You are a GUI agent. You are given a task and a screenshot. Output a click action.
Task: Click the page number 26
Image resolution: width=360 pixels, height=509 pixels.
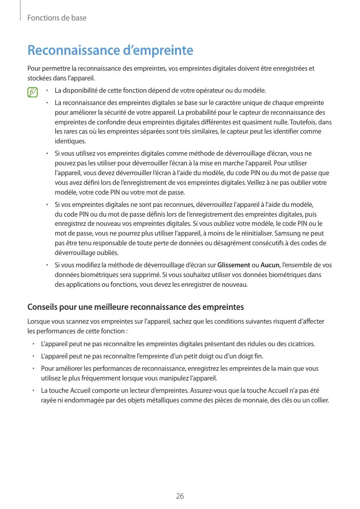pos(180,496)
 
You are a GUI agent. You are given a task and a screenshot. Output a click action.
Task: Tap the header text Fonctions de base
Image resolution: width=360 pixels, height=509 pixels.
pos(56,18)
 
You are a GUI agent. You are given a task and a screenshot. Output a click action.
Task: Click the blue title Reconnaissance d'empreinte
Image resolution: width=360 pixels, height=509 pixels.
pos(110,51)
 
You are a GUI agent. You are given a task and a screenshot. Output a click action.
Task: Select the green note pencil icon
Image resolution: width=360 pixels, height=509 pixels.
pos(34,93)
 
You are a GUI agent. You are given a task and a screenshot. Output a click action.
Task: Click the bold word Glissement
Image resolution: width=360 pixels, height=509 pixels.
pos(234,265)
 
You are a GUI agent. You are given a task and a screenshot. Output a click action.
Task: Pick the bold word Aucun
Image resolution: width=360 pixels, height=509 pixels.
pos(270,265)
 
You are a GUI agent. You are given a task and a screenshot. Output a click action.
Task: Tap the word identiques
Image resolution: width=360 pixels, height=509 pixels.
pos(70,141)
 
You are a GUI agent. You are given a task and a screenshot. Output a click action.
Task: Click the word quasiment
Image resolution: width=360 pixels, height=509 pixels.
pos(280,122)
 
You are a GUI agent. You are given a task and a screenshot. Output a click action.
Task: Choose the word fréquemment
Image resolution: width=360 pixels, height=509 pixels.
pos(102,378)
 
